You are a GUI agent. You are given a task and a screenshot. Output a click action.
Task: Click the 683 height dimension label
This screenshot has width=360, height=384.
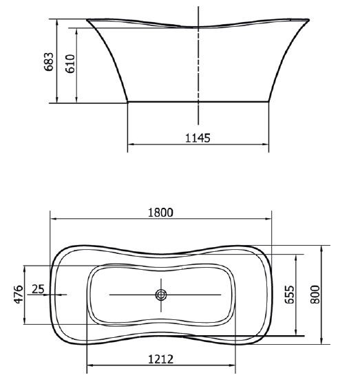(x=48, y=62)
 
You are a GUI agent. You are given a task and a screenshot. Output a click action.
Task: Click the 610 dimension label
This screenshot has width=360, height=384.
(x=70, y=64)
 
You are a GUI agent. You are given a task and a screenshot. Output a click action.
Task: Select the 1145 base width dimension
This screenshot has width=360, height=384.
(x=198, y=138)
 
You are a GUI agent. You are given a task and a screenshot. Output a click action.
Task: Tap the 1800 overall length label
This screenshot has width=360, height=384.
(x=160, y=213)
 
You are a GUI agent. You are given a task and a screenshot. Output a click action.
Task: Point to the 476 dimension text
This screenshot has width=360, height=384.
(x=19, y=295)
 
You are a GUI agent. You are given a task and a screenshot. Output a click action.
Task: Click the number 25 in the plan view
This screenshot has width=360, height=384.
(x=38, y=289)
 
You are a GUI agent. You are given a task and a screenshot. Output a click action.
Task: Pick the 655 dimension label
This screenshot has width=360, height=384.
(x=289, y=295)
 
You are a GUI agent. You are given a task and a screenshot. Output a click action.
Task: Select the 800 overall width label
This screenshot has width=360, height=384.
(x=315, y=295)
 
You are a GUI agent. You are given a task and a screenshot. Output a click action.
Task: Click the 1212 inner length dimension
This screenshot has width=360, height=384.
(x=161, y=359)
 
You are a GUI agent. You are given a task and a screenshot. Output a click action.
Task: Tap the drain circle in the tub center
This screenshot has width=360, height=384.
(x=161, y=295)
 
